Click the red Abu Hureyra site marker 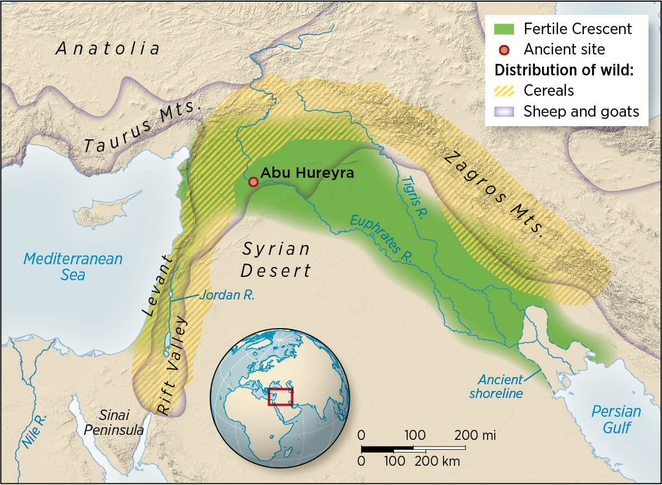253,182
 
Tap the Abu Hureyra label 307,173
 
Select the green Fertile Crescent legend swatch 504,29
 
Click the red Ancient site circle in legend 504,50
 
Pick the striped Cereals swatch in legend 504,91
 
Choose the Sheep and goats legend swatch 504,112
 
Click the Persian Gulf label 616,419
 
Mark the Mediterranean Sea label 73,266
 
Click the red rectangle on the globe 280,396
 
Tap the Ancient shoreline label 500,386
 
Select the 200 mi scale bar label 475,435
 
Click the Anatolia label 108,48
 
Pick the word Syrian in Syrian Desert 276,249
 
